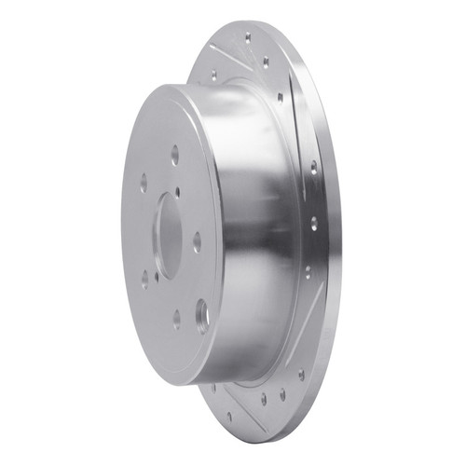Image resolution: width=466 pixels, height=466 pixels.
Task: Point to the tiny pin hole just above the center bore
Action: click(178, 194)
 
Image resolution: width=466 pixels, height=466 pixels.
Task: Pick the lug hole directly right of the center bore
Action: click(197, 241)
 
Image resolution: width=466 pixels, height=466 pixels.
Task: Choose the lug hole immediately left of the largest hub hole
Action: click(176, 319)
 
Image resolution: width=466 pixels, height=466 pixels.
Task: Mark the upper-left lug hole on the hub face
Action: click(143, 185)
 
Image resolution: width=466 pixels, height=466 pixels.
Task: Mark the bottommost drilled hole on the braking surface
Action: click(229, 417)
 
